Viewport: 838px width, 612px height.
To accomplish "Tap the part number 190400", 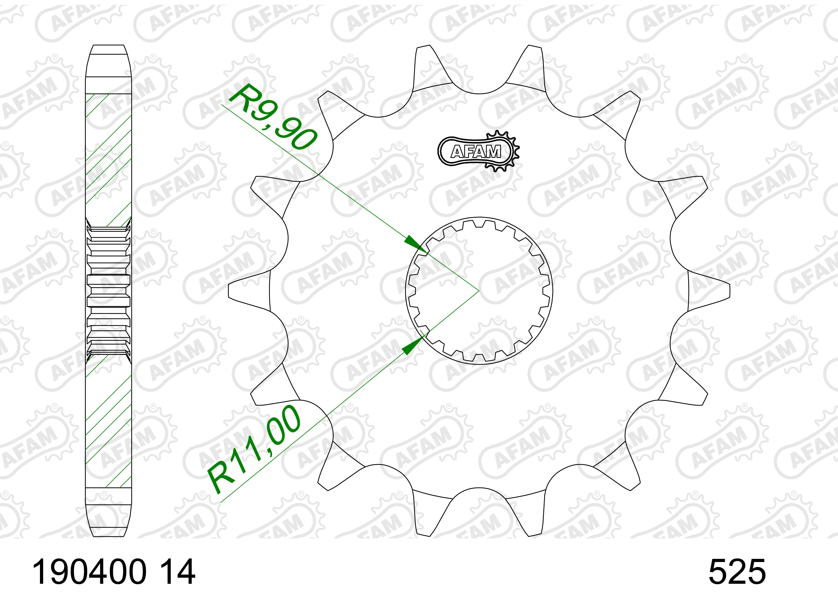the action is [x=90, y=572].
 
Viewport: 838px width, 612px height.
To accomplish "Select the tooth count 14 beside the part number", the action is [x=177, y=572].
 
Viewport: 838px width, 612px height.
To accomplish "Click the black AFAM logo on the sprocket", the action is [x=478, y=151].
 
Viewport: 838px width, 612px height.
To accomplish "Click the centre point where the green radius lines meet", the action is [x=479, y=291].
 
